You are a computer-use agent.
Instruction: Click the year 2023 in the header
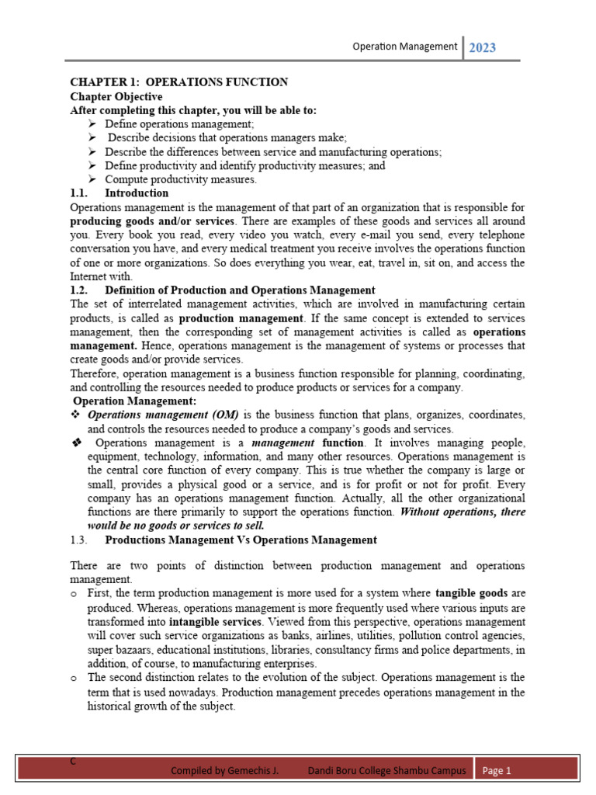coord(483,47)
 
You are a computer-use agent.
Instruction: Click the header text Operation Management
coord(404,47)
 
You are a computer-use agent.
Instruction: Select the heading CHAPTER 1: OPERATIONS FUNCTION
coord(179,82)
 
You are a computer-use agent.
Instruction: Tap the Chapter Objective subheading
coord(116,96)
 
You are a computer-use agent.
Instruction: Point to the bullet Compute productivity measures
coord(180,179)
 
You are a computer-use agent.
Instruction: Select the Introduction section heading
coord(137,193)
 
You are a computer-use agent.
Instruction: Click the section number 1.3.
coord(80,540)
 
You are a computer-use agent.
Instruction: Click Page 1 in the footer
coord(497,771)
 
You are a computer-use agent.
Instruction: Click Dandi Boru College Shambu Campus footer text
coord(387,771)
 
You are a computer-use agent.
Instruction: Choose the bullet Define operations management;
coord(179,124)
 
